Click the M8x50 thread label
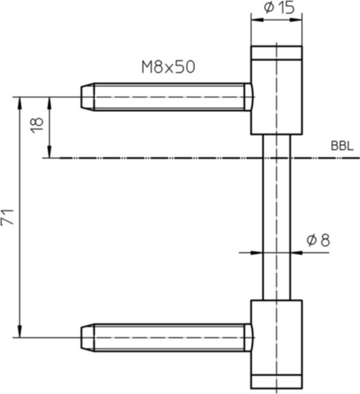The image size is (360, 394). pyautogui.click(x=168, y=67)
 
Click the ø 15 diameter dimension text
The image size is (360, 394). pyautogui.click(x=279, y=8)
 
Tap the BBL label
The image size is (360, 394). pyautogui.click(x=342, y=147)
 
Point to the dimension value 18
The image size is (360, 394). pyautogui.click(x=37, y=124)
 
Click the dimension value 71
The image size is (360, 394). pyautogui.click(x=8, y=217)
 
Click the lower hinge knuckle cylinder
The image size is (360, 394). pyautogui.click(x=276, y=337)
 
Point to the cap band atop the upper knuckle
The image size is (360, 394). pyautogui.click(x=276, y=53)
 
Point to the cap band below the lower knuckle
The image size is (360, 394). pyautogui.click(x=276, y=381)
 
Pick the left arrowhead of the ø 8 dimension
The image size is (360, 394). pyautogui.click(x=257, y=253)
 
